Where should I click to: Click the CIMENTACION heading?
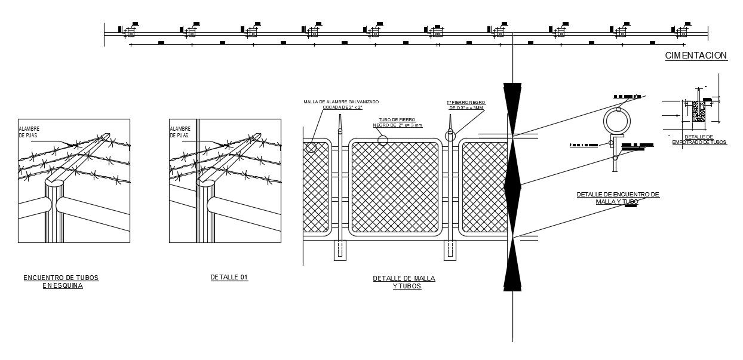pyautogui.click(x=696, y=56)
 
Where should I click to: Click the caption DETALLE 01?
pyautogui.click(x=229, y=278)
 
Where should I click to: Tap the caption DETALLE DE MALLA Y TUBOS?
pyautogui.click(x=404, y=282)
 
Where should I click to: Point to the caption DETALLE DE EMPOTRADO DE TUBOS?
pyautogui.click(x=699, y=140)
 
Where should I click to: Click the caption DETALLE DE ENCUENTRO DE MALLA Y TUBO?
pyautogui.click(x=618, y=198)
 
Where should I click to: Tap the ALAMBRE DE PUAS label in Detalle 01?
pyautogui.click(x=180, y=132)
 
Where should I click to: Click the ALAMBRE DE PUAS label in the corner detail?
pyautogui.click(x=29, y=132)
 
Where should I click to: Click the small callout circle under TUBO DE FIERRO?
pyautogui.click(x=382, y=140)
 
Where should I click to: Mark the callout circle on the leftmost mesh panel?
pyautogui.click(x=311, y=147)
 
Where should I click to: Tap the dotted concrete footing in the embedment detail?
pyautogui.click(x=698, y=112)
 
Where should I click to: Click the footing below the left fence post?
pyautogui.click(x=339, y=250)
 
